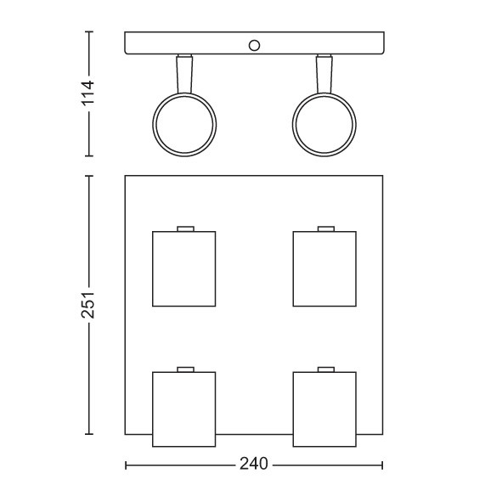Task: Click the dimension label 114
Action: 88,93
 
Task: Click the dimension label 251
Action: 88,305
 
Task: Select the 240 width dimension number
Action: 254,464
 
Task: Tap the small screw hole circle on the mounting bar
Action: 254,46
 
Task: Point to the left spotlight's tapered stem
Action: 184,74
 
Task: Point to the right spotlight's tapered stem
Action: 324,74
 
